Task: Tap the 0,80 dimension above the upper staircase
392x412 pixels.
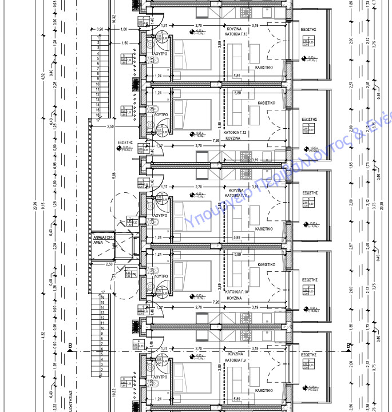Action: click(x=100, y=29)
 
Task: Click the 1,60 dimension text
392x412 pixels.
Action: click(x=125, y=29)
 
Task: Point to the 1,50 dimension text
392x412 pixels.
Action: click(x=125, y=43)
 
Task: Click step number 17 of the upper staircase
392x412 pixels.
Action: click(x=98, y=120)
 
